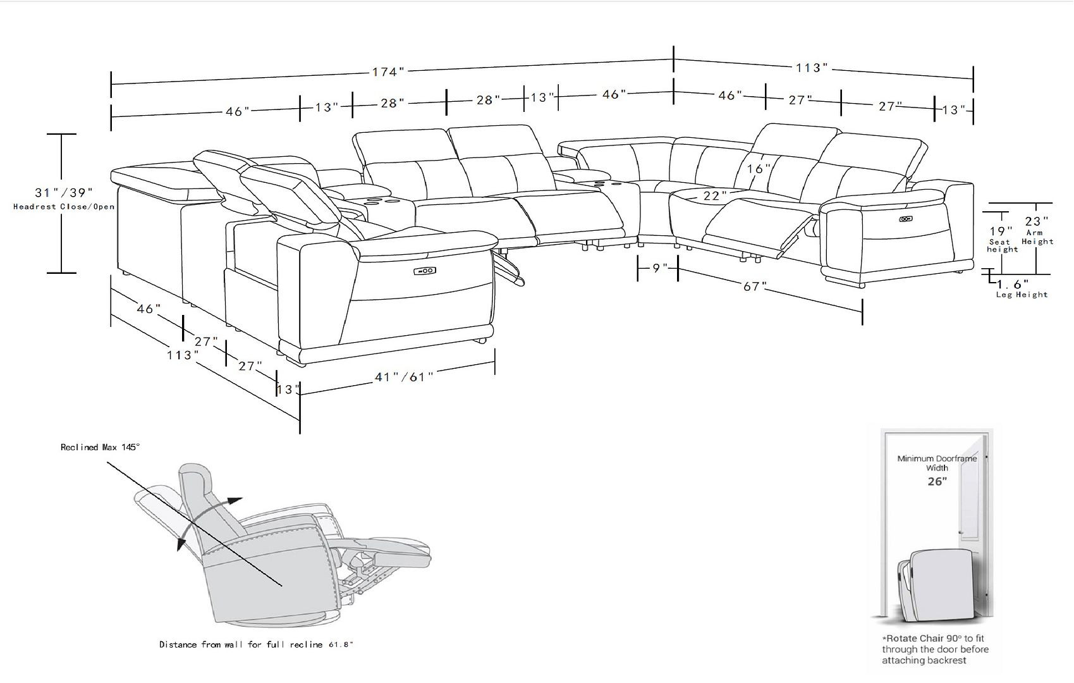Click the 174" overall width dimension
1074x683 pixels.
point(387,71)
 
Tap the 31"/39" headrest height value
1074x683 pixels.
point(64,192)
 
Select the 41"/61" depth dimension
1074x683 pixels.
point(404,377)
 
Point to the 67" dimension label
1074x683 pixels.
point(751,286)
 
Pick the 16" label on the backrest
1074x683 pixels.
point(759,169)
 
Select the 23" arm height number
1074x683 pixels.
point(1037,221)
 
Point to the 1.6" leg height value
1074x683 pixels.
point(1013,285)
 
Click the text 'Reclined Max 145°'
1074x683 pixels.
point(100,447)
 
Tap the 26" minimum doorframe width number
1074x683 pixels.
point(937,481)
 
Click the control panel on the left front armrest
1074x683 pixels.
point(424,271)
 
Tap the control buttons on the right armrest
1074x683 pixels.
point(905,219)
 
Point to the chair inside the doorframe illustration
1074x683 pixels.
point(934,585)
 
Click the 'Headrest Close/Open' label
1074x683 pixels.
point(64,207)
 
